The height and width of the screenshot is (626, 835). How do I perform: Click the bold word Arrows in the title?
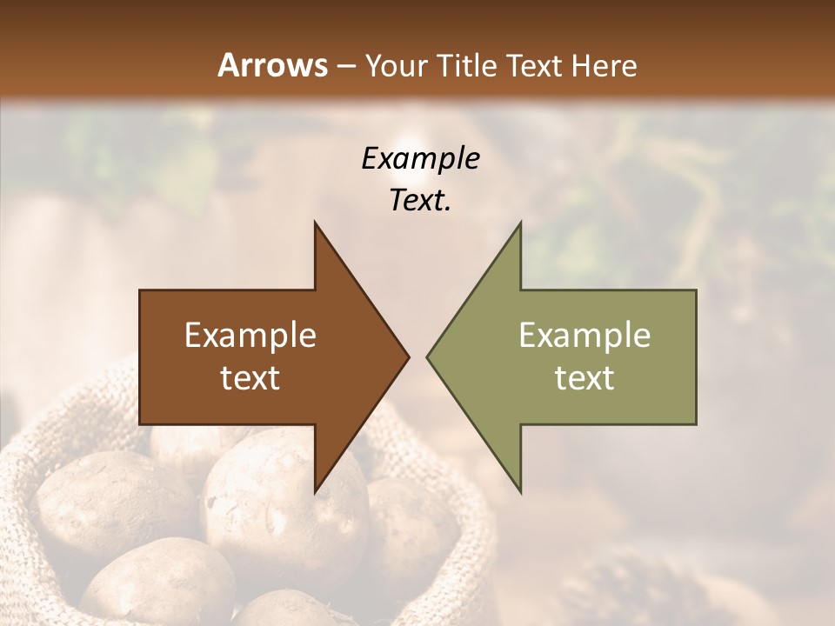pyautogui.click(x=272, y=65)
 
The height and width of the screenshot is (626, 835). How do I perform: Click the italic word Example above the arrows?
pyautogui.click(x=420, y=159)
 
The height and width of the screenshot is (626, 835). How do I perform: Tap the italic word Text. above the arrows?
pyautogui.click(x=420, y=201)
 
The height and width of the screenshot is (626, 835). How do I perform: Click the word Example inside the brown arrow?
pyautogui.click(x=250, y=336)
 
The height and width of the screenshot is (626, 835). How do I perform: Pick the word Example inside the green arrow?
pyautogui.click(x=584, y=336)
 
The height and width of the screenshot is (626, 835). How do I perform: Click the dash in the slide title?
pyautogui.click(x=344, y=66)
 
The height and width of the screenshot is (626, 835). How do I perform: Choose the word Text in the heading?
pyautogui.click(x=536, y=65)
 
